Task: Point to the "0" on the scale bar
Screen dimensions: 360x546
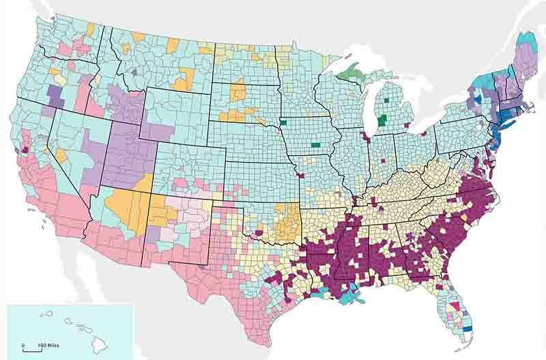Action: pos(23,344)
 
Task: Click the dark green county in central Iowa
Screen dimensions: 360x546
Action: pos(315,144)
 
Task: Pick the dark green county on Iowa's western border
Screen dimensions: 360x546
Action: pos(283,124)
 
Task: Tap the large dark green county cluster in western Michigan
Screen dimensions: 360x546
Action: pos(382,121)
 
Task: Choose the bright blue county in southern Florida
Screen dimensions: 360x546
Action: pos(468,329)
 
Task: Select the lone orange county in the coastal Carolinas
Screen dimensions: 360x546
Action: pos(465,217)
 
